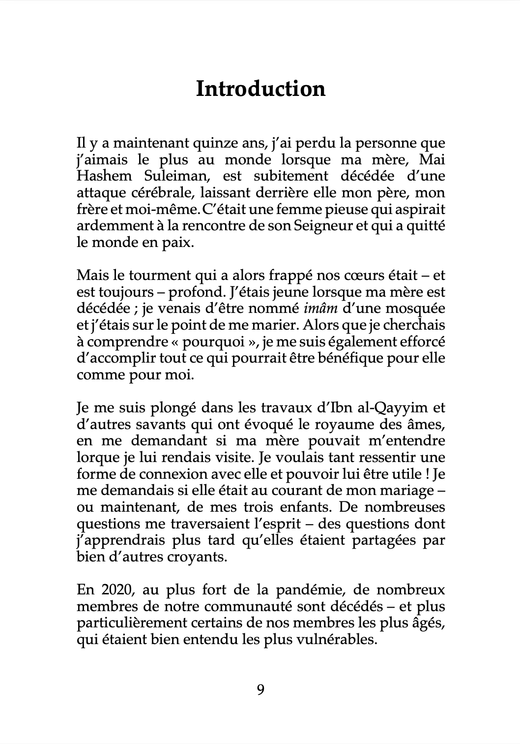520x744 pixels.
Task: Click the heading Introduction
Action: (x=260, y=89)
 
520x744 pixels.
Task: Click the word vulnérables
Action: (x=326, y=639)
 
